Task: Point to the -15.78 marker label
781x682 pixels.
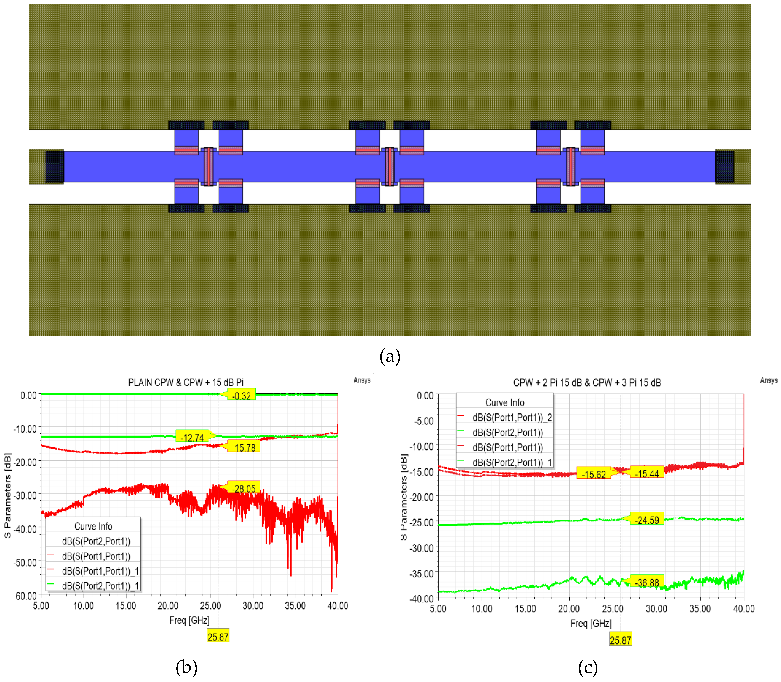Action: pyautogui.click(x=244, y=447)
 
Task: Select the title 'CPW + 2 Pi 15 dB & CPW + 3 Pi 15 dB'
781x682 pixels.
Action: pyautogui.click(x=587, y=382)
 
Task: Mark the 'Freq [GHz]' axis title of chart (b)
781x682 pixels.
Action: pyautogui.click(x=189, y=620)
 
